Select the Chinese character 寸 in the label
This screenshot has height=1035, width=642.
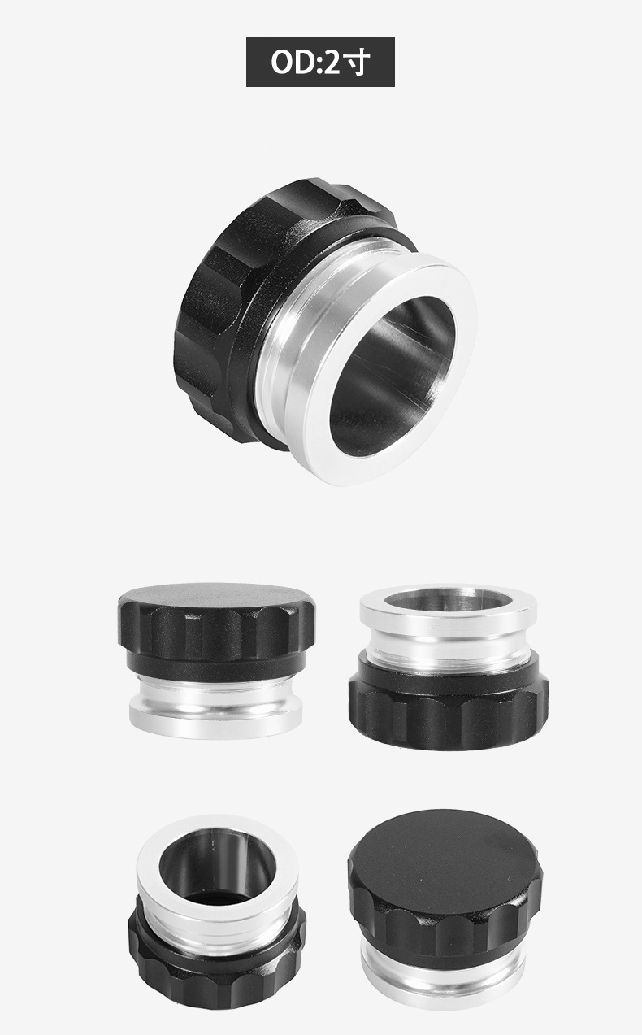pos(358,62)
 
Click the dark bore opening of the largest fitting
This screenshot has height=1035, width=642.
pos(393,375)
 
